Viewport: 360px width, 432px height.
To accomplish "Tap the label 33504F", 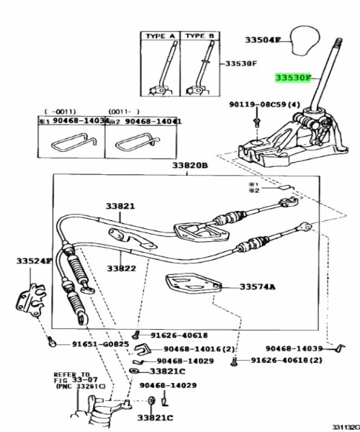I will [x=262, y=40].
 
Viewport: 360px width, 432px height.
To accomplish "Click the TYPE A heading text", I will [x=161, y=35].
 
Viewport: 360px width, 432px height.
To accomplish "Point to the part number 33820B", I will [x=189, y=166].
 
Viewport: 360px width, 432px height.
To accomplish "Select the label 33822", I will [x=122, y=268].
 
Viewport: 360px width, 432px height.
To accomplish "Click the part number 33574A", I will [x=258, y=287].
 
